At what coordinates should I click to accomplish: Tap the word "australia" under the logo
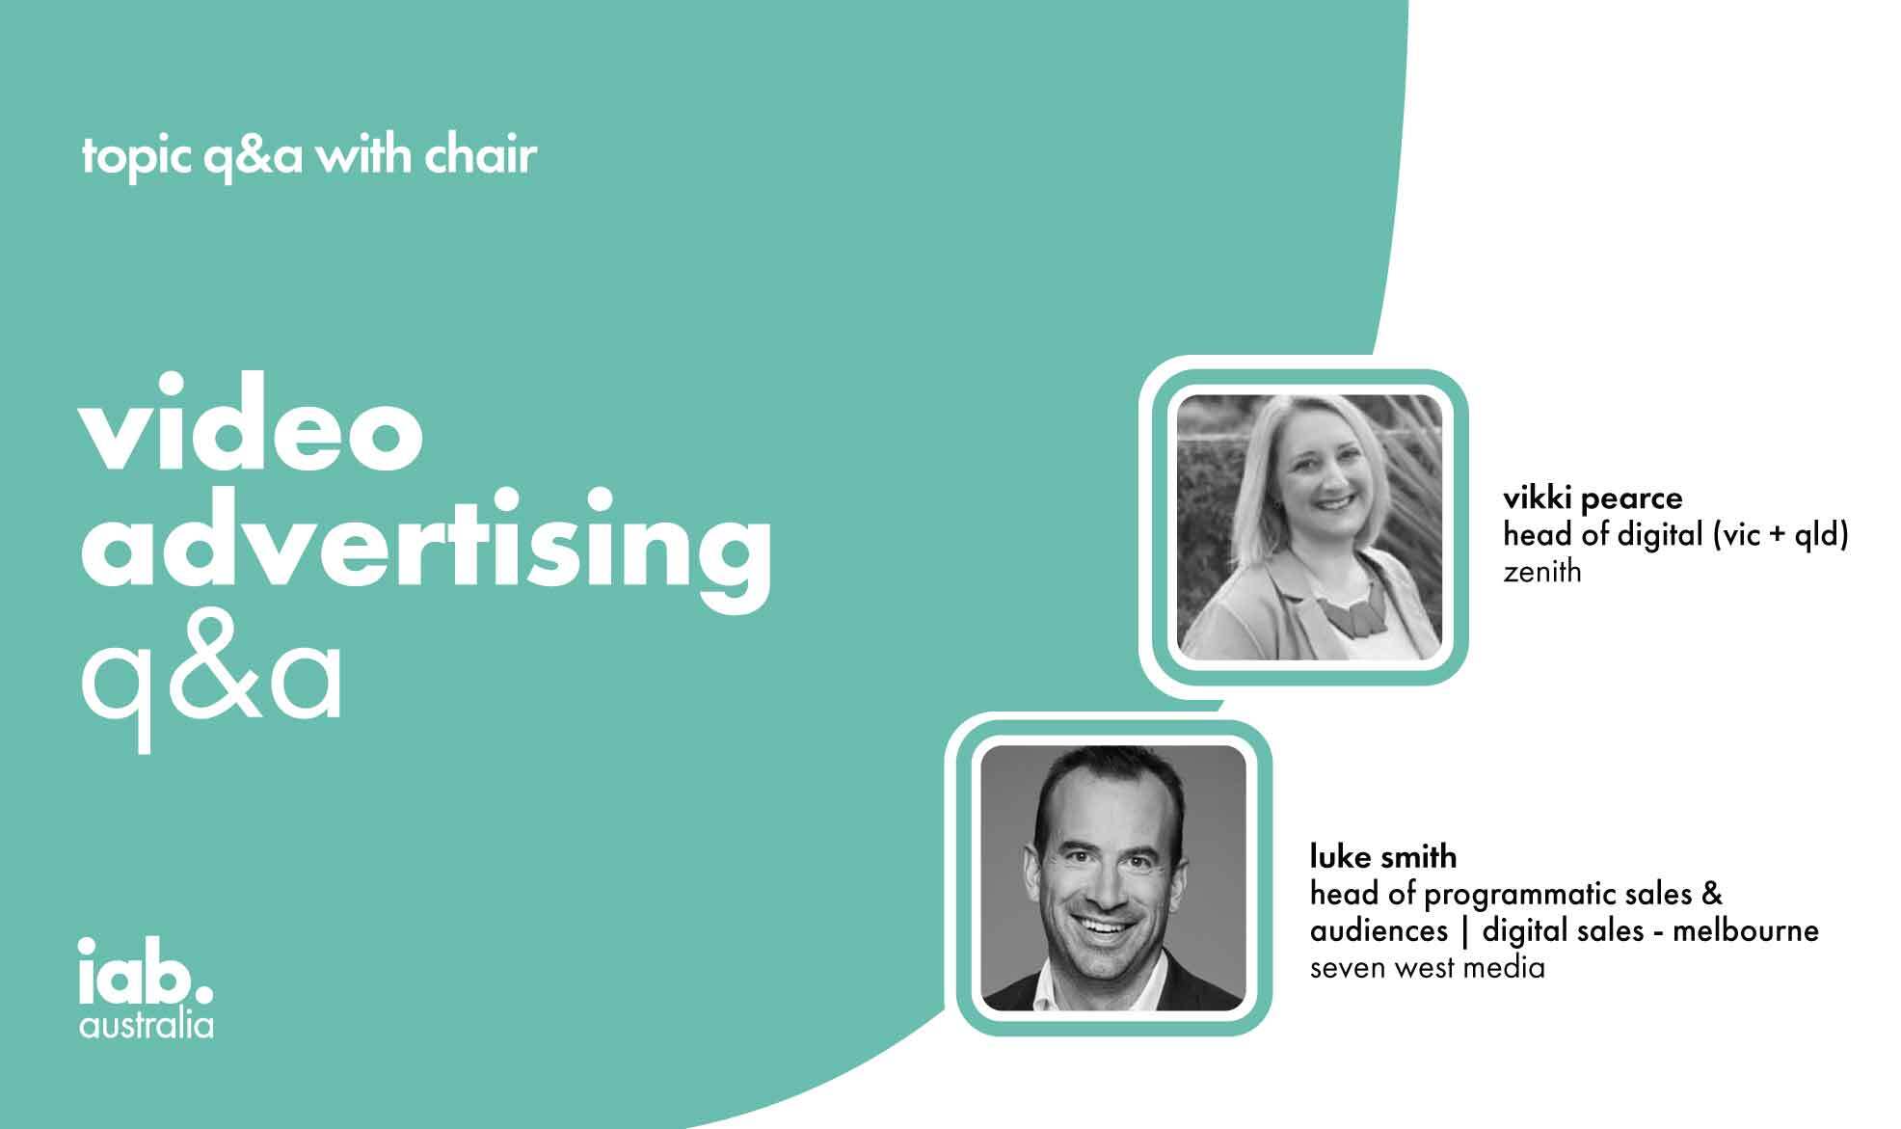coord(147,1024)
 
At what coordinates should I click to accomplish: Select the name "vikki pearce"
coord(1593,497)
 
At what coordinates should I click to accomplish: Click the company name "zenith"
coord(1542,572)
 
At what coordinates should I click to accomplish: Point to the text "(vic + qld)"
coord(1780,535)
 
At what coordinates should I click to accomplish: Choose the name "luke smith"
coord(1383,856)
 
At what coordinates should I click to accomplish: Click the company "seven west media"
coord(1428,967)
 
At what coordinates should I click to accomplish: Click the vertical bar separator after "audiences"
coord(1465,931)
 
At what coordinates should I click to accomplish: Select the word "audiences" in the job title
coord(1379,930)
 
